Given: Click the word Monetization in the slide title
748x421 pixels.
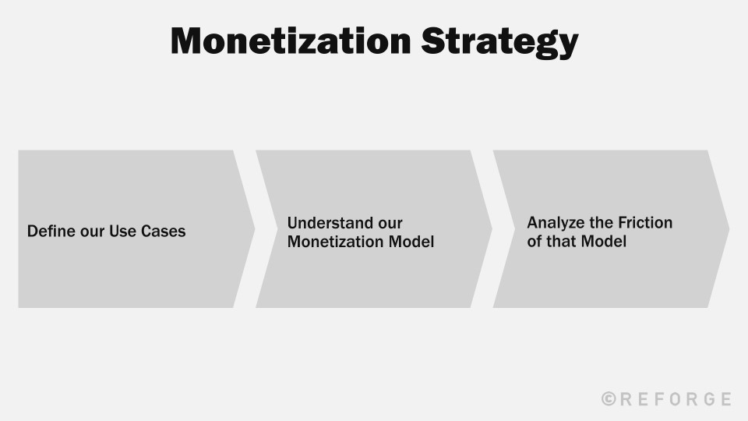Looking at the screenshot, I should point(290,41).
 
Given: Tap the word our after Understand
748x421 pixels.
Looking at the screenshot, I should point(387,223).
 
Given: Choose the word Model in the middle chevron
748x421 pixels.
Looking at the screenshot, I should point(411,242).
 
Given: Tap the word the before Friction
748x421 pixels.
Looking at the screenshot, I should point(601,222).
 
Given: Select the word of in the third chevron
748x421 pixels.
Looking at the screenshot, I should point(534,241).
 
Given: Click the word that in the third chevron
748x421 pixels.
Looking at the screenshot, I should point(560,241).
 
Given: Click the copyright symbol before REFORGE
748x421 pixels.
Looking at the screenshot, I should point(609,399).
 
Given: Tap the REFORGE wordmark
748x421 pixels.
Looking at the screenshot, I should point(676,399).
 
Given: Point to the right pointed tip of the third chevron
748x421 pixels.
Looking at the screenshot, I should point(728,229).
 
